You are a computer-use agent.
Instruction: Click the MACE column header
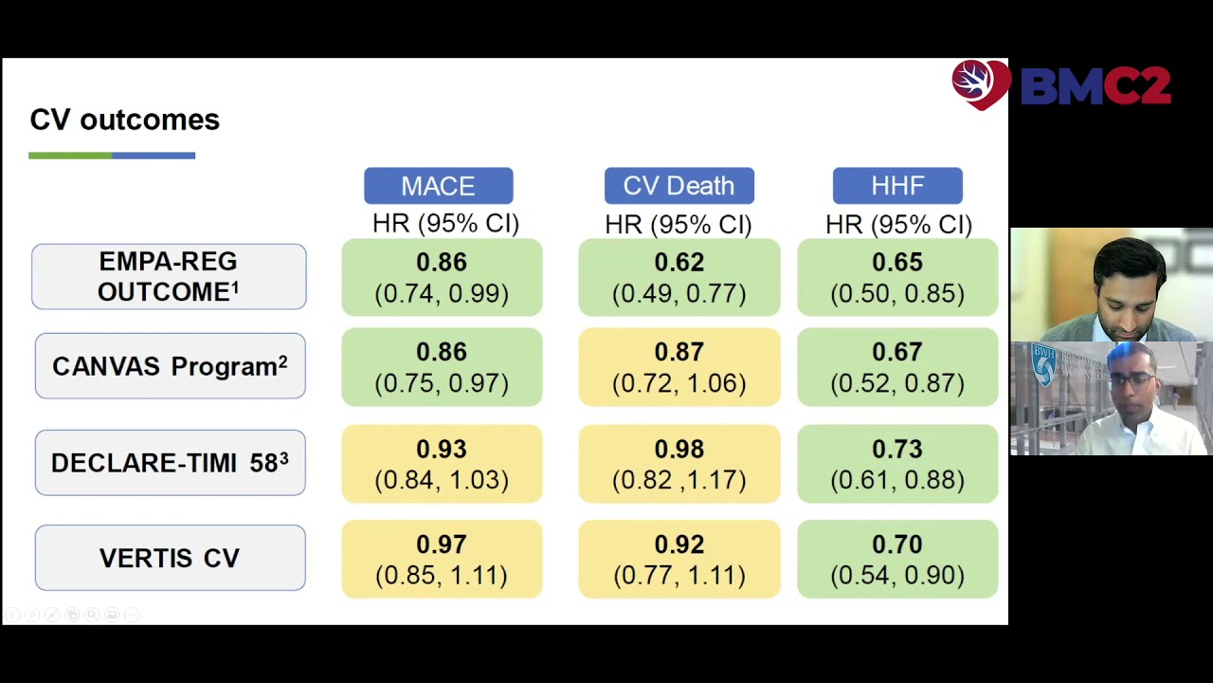tap(438, 186)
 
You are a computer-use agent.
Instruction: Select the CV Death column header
tap(679, 186)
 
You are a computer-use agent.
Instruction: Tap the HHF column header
tap(897, 186)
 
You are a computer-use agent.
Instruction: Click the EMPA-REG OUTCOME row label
tap(169, 277)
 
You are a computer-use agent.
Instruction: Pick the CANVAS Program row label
tap(170, 366)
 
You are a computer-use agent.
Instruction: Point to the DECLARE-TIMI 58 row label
tap(170, 463)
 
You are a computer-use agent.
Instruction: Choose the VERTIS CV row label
tap(170, 558)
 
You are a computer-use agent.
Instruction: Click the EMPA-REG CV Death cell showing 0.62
tap(679, 277)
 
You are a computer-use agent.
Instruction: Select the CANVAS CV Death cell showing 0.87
tap(679, 367)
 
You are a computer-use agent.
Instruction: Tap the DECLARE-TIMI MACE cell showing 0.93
tap(442, 464)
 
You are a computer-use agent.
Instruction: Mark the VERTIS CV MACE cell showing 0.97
tap(442, 559)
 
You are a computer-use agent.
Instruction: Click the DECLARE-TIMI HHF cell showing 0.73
tap(897, 464)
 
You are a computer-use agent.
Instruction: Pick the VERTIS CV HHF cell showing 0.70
tap(897, 559)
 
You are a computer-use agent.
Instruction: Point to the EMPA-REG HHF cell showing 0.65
tap(897, 277)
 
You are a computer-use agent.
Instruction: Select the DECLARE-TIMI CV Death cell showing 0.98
tap(679, 464)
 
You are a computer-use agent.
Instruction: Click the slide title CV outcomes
tap(124, 120)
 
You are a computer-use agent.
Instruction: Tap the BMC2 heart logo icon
tap(980, 84)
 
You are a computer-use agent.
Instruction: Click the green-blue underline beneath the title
tap(112, 155)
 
